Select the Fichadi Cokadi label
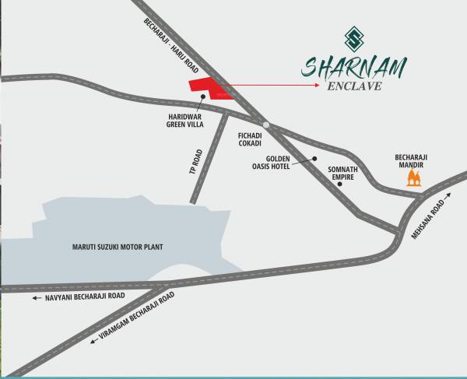[250, 139]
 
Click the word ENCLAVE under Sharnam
[354, 87]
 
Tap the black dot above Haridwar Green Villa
[202, 97]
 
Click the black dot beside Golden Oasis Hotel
[315, 160]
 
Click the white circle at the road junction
[266, 125]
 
